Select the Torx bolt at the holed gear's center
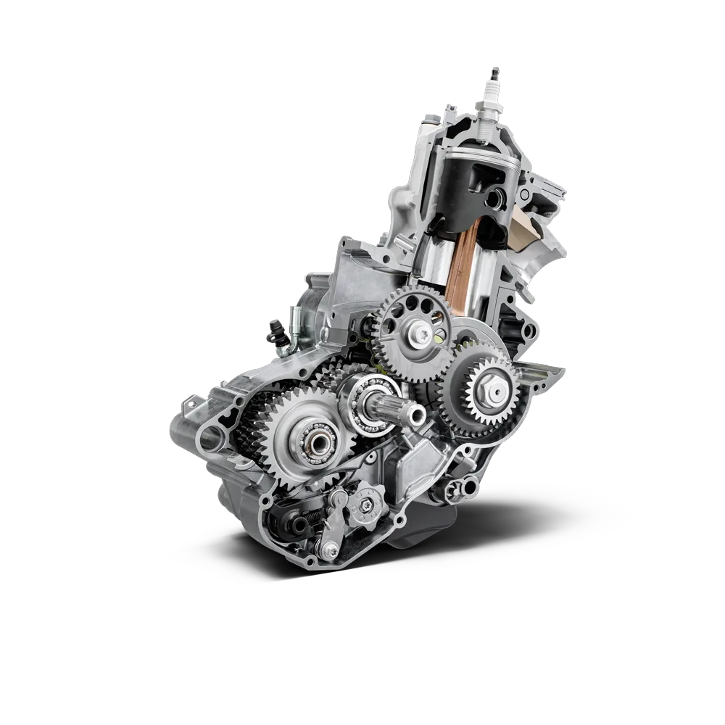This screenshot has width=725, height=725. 421,333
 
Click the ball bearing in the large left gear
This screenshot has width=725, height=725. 318,439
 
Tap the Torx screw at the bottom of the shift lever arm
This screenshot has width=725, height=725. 330,553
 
